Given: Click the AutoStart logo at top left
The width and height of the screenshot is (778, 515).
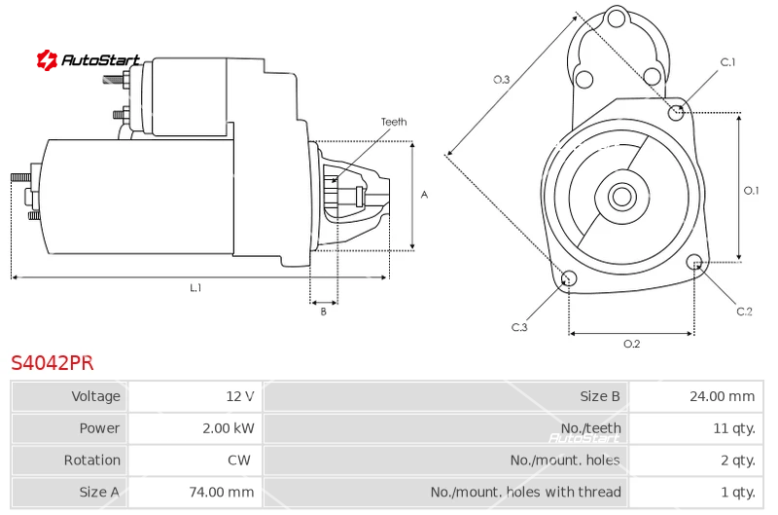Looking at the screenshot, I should click(88, 60).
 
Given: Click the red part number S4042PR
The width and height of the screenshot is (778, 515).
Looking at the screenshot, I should click(53, 363).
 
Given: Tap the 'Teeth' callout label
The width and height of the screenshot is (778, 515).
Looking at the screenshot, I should click(393, 122).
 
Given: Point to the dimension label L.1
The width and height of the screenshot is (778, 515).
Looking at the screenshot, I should click(195, 288).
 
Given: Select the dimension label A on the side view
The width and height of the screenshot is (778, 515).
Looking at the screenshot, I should click(424, 195).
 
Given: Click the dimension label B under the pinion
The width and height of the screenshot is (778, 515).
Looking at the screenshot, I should click(324, 312).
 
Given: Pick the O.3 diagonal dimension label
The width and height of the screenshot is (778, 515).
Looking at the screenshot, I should click(502, 80).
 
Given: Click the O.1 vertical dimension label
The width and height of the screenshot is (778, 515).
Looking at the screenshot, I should click(751, 191).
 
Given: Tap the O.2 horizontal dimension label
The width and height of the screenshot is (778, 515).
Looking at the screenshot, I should click(631, 344).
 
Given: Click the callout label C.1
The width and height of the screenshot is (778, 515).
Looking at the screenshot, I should click(727, 62).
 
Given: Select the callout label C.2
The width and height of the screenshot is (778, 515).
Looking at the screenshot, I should click(744, 312).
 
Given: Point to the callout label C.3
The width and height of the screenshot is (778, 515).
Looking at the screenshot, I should click(519, 327).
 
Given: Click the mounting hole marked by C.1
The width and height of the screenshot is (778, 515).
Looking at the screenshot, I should click(677, 112).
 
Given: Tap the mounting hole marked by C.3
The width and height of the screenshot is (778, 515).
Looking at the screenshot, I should click(570, 280).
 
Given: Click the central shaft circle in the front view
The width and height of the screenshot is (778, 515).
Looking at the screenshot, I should click(621, 197).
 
